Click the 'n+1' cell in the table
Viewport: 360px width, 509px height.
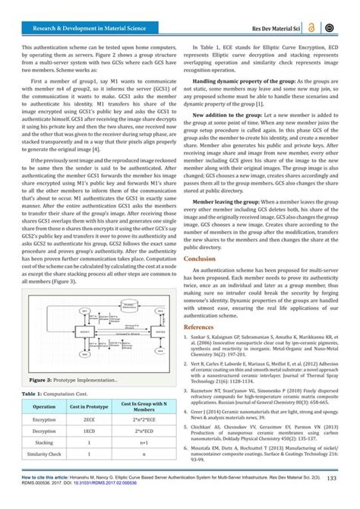coord(144,454)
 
